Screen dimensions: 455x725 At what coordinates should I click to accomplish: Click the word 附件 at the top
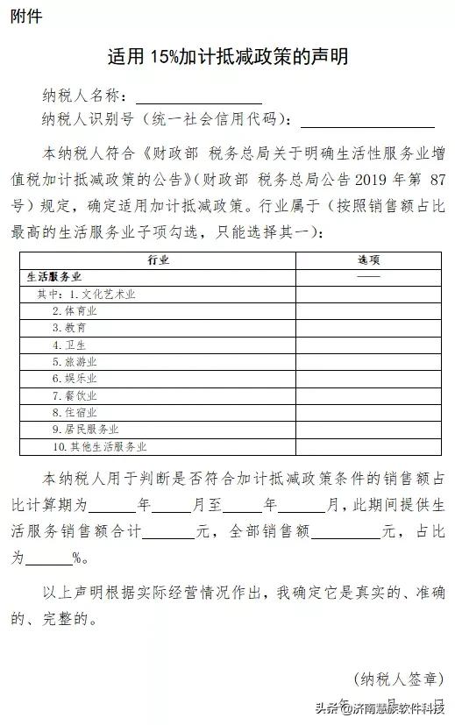coord(26,17)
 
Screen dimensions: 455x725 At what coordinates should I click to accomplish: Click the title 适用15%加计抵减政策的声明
coord(227,57)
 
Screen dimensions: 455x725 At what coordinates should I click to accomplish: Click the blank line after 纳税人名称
coord(198,97)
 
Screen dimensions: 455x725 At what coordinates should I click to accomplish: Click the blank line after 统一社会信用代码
coord(367,120)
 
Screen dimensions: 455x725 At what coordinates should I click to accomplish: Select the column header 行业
coord(158,260)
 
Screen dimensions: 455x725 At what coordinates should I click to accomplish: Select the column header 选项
coord(368,260)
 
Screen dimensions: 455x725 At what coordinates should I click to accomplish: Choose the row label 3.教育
coord(69,328)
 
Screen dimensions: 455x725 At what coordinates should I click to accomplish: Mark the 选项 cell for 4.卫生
coord(368,345)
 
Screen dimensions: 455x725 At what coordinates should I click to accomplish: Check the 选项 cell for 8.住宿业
coord(368,412)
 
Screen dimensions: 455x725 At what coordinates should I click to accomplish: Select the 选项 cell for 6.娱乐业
coord(368,379)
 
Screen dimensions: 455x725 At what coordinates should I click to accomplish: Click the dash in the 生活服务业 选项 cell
coord(368,277)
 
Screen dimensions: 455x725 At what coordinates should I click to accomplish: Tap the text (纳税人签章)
coord(398,678)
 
